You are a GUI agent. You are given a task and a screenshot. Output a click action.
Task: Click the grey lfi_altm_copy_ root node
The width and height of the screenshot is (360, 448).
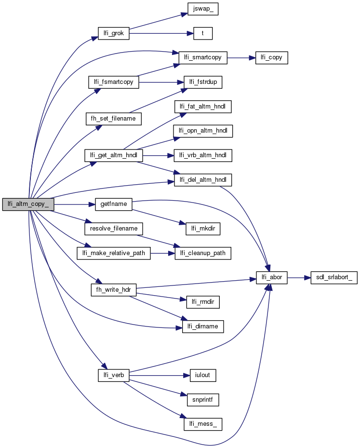(x=27, y=204)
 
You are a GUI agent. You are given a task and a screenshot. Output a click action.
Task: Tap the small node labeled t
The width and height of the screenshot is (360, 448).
(x=203, y=34)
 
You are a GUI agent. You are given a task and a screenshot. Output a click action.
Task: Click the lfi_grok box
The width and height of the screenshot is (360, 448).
(x=114, y=34)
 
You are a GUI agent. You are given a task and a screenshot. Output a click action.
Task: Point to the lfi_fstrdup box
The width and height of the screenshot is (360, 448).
(x=202, y=82)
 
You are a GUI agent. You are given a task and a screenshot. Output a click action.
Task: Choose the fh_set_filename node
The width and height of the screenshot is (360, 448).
(x=113, y=118)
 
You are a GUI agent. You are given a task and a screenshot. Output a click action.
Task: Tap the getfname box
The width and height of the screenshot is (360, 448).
(x=114, y=204)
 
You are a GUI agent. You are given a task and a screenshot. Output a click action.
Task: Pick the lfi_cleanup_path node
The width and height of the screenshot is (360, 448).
(x=202, y=253)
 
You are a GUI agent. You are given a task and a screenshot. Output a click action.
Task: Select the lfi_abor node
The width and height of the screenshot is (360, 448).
(x=272, y=278)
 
